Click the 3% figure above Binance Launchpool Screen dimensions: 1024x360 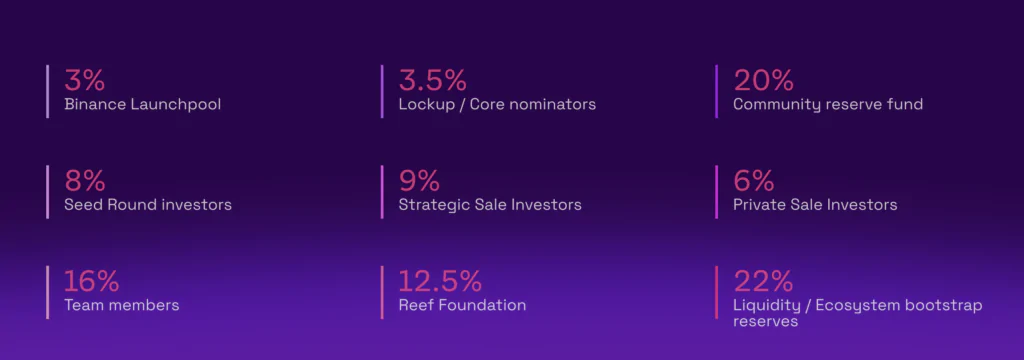pos(84,80)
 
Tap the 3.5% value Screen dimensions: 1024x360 pos(432,80)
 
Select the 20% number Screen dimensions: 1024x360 pos(763,80)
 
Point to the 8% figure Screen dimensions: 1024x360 pos(85,181)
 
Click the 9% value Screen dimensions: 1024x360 pos(419,181)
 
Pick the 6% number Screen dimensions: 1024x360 pos(754,181)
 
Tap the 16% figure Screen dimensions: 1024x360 pos(91,282)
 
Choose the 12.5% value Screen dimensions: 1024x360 pos(440,282)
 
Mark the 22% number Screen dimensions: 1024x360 pos(763,282)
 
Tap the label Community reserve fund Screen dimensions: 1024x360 pos(828,105)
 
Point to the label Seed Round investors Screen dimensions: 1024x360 pos(148,205)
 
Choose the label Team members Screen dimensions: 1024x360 pos(121,305)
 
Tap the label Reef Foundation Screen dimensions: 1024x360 pos(462,305)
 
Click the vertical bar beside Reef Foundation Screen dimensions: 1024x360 pos(382,293)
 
